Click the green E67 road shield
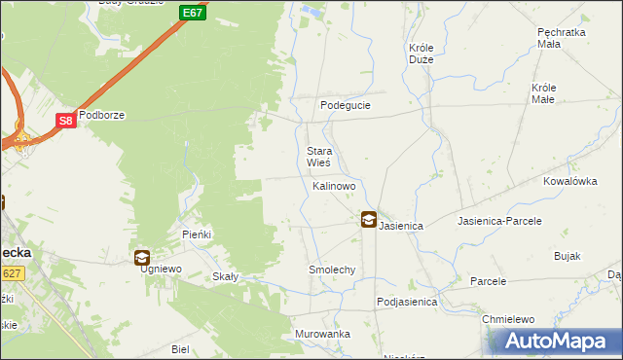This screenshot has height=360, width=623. [x=192, y=13]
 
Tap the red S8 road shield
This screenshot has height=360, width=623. [x=65, y=121]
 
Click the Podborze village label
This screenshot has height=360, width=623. [x=102, y=115]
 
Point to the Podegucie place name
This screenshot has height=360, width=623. [x=346, y=105]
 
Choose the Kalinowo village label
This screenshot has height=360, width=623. [x=334, y=185]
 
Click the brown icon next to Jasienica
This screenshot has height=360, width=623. [x=369, y=221]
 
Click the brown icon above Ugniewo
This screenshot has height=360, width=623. [x=142, y=258]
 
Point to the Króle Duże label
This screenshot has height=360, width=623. [x=421, y=53]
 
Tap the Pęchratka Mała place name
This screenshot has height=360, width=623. [x=562, y=37]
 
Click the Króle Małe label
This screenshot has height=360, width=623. [x=543, y=92]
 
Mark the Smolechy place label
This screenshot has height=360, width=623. [x=332, y=270]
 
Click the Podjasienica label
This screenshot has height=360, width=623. [x=407, y=303]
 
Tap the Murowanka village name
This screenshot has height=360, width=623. [x=322, y=334]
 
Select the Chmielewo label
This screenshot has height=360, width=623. [x=509, y=319]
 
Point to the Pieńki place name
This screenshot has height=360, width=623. [x=197, y=235]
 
